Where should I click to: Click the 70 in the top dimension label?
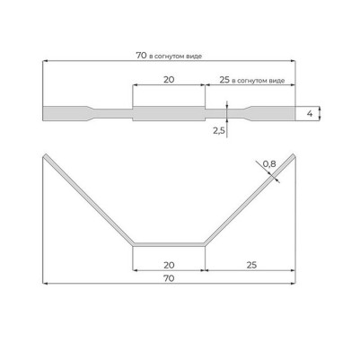pos(141,56)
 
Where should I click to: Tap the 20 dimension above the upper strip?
pos(169,80)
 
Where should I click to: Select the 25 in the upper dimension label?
pos(224,80)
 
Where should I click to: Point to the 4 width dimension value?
pos(310,114)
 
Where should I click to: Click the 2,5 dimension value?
pos(219,131)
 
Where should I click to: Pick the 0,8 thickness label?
pos(269,163)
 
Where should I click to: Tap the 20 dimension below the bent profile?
pos(169,265)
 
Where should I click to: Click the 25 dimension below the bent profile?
pos(252,265)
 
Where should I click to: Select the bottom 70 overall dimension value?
pos(169,278)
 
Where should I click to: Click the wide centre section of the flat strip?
pos(169,114)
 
